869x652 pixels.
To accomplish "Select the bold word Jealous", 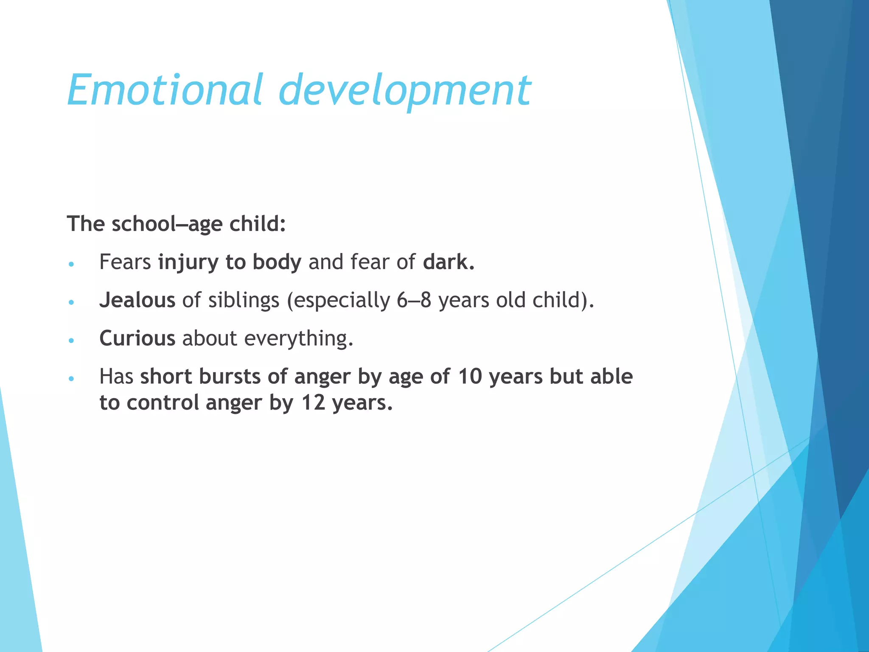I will (x=137, y=300).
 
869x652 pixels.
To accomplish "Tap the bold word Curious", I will (x=137, y=338).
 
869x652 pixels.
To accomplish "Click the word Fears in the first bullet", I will (x=125, y=262).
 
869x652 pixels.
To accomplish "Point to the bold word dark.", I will (x=449, y=262).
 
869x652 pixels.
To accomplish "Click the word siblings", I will (x=244, y=300).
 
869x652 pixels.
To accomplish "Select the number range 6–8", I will (x=414, y=300).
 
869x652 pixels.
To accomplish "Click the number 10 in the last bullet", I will (x=470, y=377).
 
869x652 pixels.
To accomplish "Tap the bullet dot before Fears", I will (x=71, y=264).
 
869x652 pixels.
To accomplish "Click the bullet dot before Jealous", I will (x=71, y=302).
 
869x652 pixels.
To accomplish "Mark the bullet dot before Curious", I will (x=71, y=340).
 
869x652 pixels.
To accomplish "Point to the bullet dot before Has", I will (x=71, y=378).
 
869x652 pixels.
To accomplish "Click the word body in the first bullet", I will (x=277, y=262).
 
